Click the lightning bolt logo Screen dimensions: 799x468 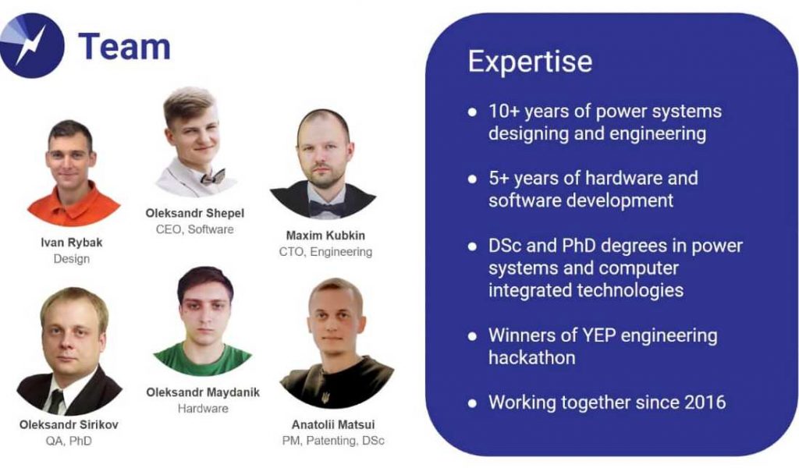click(x=31, y=45)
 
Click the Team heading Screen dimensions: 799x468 click(x=124, y=46)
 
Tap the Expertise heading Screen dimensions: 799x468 click(x=530, y=62)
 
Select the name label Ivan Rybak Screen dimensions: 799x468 click(x=71, y=243)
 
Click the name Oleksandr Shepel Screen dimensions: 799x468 click(x=194, y=214)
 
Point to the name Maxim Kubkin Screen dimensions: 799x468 click(x=325, y=236)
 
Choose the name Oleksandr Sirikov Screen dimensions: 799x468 click(x=69, y=425)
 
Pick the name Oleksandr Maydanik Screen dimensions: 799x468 click(x=203, y=392)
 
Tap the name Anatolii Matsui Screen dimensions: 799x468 click(x=333, y=425)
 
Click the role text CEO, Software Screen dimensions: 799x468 click(x=194, y=229)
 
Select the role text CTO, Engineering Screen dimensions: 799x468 click(x=325, y=252)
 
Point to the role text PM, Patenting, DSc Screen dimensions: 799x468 click(x=333, y=441)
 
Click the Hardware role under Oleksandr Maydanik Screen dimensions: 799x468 click(x=203, y=409)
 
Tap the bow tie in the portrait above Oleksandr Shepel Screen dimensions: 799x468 click(x=212, y=178)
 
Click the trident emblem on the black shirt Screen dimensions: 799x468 click(x=325, y=396)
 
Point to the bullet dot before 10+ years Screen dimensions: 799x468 click(x=472, y=112)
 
